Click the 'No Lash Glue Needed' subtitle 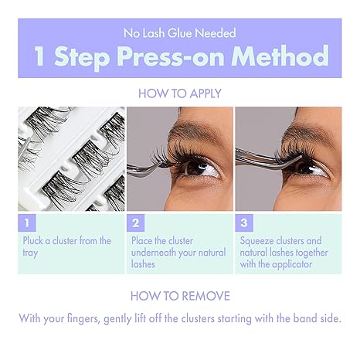[179, 33]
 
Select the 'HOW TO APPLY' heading [179, 93]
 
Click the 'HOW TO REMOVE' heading [179, 296]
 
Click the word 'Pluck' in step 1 [35, 241]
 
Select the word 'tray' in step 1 [31, 253]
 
